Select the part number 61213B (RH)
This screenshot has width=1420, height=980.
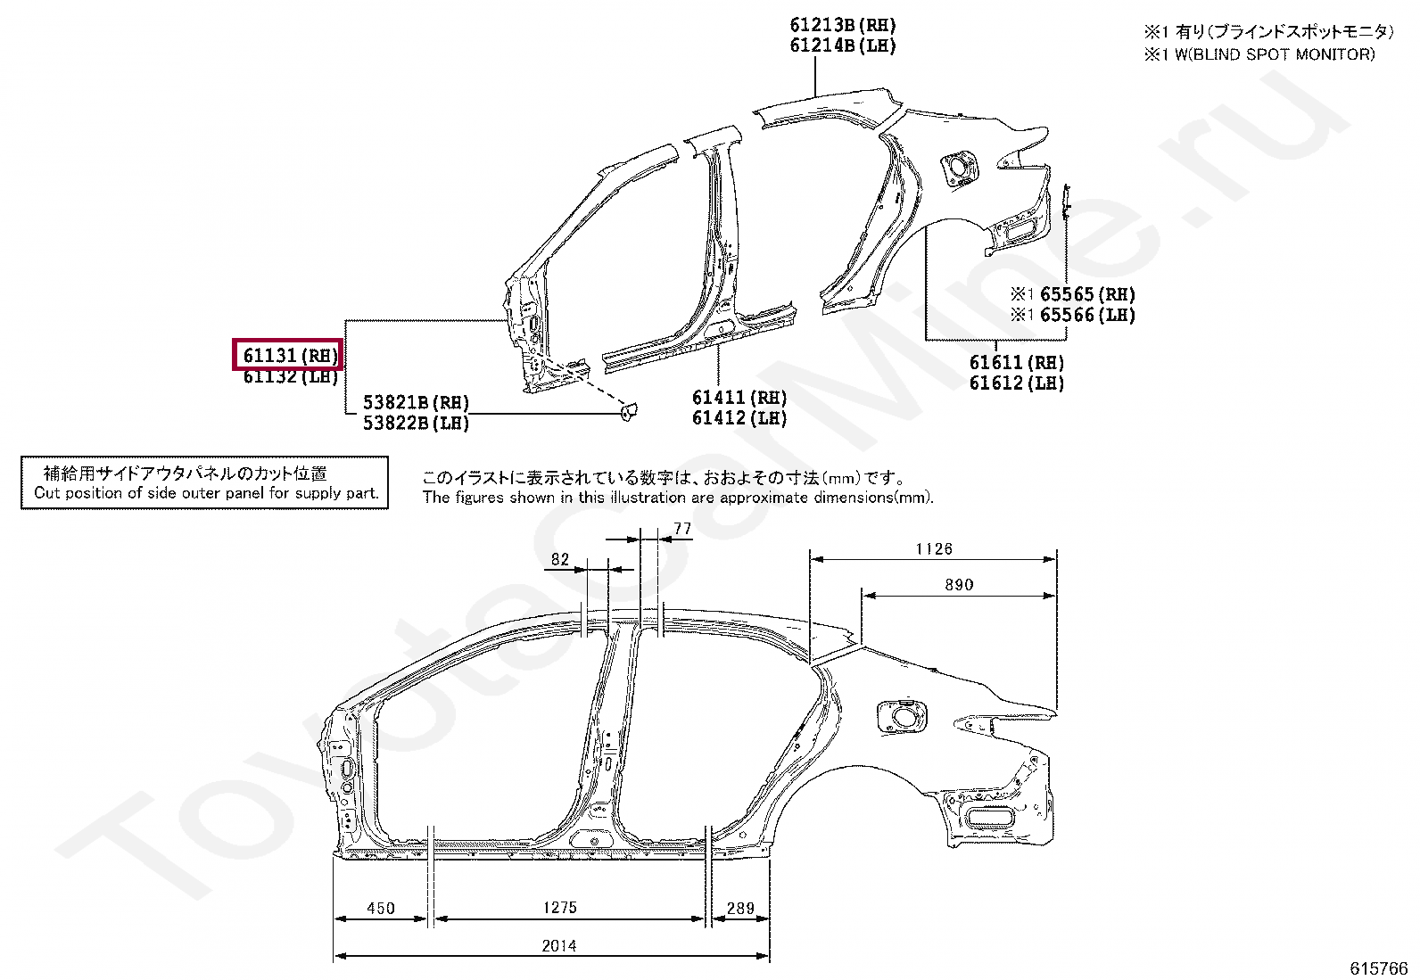[x=843, y=25]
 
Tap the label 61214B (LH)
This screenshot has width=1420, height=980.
[x=843, y=45]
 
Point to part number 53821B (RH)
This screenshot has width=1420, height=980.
[x=416, y=402]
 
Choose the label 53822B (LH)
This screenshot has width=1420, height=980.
[x=416, y=423]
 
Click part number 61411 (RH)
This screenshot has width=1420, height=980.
[x=739, y=398]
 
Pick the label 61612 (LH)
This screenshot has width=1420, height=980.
[x=1016, y=383]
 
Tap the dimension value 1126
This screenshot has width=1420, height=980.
[x=934, y=549]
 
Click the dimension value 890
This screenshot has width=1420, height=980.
[x=959, y=584]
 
